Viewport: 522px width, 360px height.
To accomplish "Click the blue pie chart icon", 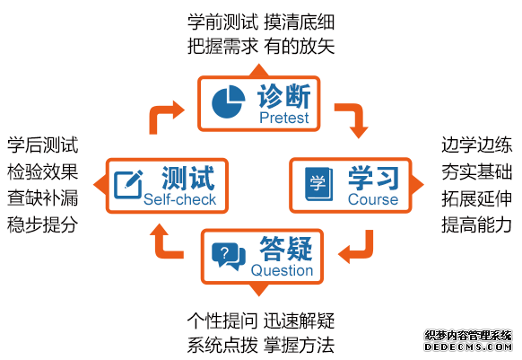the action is click(228, 101).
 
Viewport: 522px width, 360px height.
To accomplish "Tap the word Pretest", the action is click(284, 118).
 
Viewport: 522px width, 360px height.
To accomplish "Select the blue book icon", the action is click(319, 184).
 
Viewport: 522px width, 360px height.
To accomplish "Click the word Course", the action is click(373, 199).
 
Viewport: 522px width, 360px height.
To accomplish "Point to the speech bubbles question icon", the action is click(229, 256).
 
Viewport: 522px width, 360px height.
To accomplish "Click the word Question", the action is click(282, 270).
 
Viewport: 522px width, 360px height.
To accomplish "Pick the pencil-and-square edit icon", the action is click(128, 184).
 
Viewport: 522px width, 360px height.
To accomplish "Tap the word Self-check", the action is click(179, 199).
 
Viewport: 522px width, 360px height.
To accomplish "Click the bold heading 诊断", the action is click(284, 96).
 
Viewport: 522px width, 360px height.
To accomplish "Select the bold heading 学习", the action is click(373, 178).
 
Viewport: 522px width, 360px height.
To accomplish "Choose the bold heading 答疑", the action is click(286, 249).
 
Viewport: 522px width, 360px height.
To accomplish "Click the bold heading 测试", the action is click(187, 178).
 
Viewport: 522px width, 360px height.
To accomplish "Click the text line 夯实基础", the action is click(476, 172).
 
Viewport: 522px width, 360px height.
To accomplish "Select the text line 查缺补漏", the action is click(43, 198).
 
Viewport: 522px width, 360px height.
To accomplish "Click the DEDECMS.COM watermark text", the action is click(468, 347).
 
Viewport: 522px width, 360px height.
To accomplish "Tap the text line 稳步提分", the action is click(43, 224).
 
